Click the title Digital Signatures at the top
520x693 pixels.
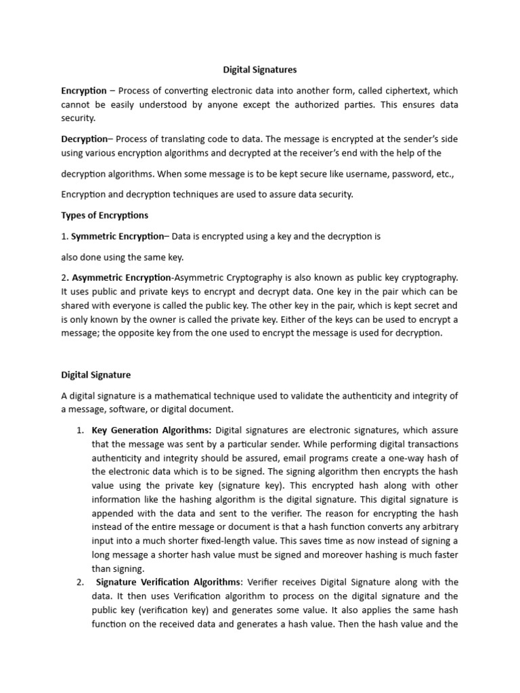[x=260, y=69]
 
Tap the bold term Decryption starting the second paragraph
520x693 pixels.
[x=84, y=139]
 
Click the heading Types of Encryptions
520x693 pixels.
[x=104, y=215]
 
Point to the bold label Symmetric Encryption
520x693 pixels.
[x=117, y=236]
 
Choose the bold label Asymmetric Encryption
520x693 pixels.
[x=121, y=277]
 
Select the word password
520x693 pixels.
[x=411, y=174]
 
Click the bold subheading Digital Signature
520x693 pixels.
[x=96, y=374]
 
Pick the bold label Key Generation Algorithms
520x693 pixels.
[x=151, y=430]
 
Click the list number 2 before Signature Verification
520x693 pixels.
[x=80, y=582]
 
